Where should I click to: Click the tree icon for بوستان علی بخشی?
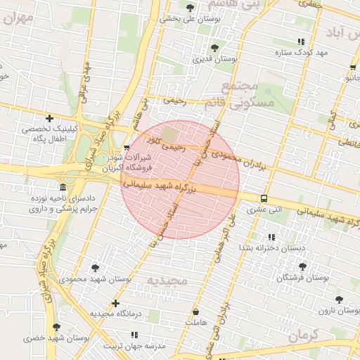coord(191,7)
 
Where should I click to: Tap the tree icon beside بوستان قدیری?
coord(215,49)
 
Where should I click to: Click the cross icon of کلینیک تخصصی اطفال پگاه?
coord(49,118)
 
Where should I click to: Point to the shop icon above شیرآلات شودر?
coord(127,148)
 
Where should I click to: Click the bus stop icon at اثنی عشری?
coord(264,198)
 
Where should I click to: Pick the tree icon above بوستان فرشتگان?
coord(303,266)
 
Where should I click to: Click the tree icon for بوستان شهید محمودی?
coord(95,268)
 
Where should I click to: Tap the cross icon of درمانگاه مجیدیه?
coord(116,303)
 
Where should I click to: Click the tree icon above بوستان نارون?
coord(340,300)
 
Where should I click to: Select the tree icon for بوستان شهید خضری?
coord(56,327)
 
